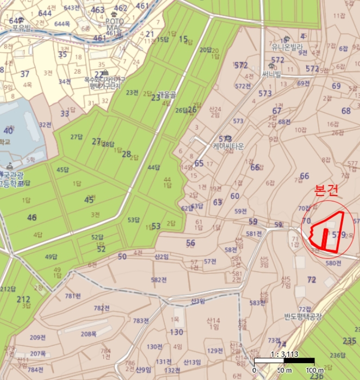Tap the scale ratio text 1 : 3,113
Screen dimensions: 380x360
click(x=284, y=354)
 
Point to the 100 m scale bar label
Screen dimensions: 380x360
click(x=314, y=370)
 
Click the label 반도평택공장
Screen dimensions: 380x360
click(x=303, y=316)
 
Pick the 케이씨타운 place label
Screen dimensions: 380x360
click(x=229, y=147)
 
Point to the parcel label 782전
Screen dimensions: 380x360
click(x=102, y=308)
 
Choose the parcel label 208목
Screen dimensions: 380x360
click(x=89, y=334)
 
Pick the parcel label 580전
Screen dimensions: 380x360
click(x=333, y=263)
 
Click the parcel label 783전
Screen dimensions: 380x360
click(x=141, y=320)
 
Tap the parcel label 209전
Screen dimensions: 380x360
click(x=37, y=337)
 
